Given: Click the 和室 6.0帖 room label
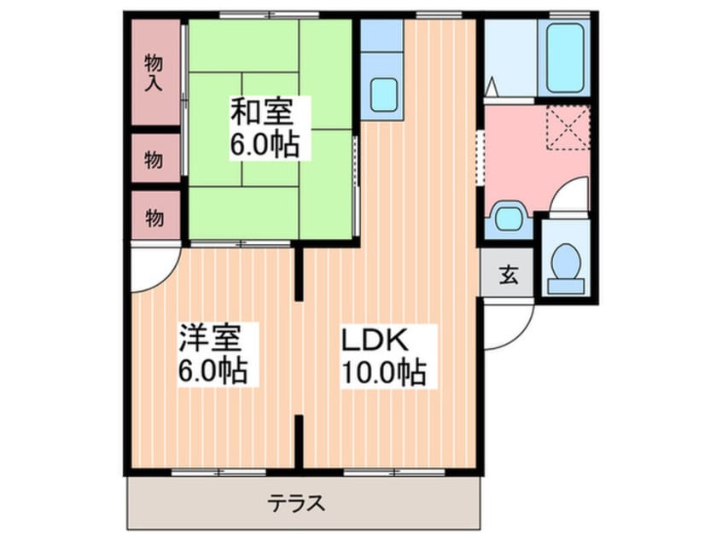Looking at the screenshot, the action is click(x=265, y=128).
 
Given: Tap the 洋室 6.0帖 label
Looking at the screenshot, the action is click(x=213, y=353).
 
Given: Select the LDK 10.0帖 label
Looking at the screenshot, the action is click(x=381, y=357).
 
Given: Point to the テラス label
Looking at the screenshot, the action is click(x=297, y=503).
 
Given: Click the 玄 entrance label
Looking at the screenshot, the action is click(x=509, y=275).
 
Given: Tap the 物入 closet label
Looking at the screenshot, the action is click(x=154, y=73).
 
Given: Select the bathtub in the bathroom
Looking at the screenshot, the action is click(x=565, y=58).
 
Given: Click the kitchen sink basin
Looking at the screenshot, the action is click(x=384, y=95).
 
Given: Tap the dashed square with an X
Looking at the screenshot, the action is click(x=568, y=127).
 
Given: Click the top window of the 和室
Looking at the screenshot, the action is click(x=269, y=15).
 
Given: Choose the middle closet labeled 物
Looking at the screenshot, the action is click(x=155, y=159).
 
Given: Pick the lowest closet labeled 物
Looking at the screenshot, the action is click(x=155, y=217).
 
